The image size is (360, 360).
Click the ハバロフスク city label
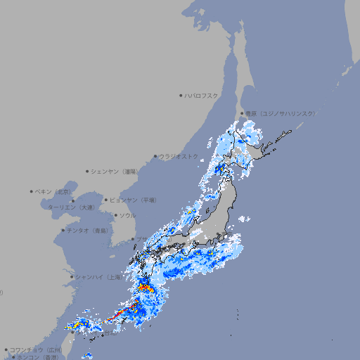click(202, 95)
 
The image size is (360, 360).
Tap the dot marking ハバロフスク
click(181, 95)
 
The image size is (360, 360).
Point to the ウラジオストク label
click(179, 156)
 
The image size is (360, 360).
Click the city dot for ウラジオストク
click(155, 156)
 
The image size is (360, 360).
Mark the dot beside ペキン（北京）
click(32, 191)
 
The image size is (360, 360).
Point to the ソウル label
click(127, 215)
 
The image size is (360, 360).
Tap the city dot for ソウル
click(115, 215)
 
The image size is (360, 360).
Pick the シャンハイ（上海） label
click(98, 277)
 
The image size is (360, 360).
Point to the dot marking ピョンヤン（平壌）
click(106, 200)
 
